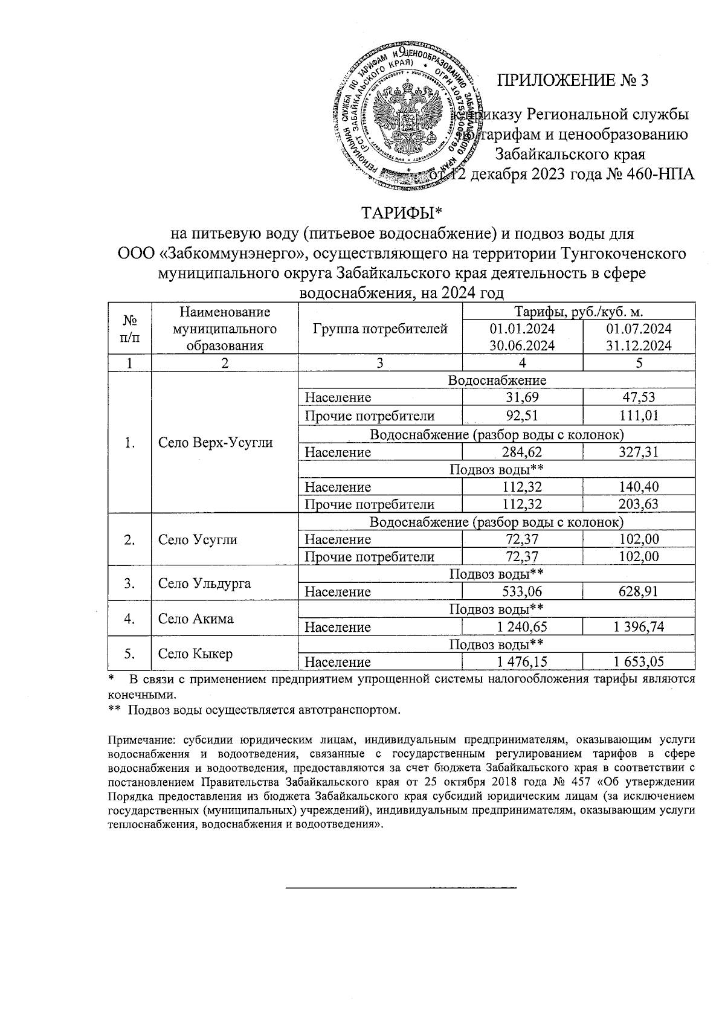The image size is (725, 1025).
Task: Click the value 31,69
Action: [x=522, y=397]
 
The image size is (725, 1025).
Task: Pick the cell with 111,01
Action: [x=639, y=416]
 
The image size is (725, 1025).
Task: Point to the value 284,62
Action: [x=522, y=452]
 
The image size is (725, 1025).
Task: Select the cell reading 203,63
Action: [x=639, y=504]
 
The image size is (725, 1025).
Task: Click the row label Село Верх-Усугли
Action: [x=216, y=442]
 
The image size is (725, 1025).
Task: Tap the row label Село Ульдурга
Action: [x=205, y=583]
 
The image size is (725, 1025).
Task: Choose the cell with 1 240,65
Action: [x=522, y=627]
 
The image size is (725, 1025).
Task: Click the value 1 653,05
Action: [x=639, y=662]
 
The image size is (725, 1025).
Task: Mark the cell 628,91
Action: [x=639, y=592]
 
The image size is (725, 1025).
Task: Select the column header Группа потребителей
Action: [x=380, y=329]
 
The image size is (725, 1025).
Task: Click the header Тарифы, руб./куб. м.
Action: [x=578, y=312]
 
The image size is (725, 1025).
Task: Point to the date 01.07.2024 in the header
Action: [x=639, y=329]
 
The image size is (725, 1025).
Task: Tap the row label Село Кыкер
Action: [x=196, y=654]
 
